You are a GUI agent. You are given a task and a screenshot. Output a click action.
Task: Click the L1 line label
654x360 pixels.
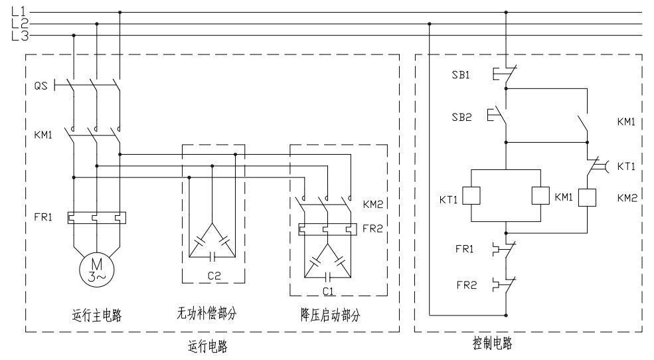(x=19, y=11)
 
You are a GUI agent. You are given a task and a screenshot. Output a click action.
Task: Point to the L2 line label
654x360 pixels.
(x=19, y=24)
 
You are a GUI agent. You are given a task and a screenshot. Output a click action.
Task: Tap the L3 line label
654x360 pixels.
(x=19, y=36)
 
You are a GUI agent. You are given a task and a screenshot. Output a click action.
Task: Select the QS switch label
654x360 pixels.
(x=41, y=86)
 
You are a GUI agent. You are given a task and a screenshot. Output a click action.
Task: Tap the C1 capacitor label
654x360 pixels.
(x=328, y=292)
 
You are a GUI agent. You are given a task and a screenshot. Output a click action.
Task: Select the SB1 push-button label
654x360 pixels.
(x=461, y=75)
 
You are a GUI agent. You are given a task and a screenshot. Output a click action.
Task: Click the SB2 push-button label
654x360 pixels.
(x=461, y=117)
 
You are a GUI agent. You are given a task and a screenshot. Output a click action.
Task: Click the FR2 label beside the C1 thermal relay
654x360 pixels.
(x=371, y=228)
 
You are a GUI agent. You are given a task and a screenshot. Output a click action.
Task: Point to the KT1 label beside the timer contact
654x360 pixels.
(x=627, y=166)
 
